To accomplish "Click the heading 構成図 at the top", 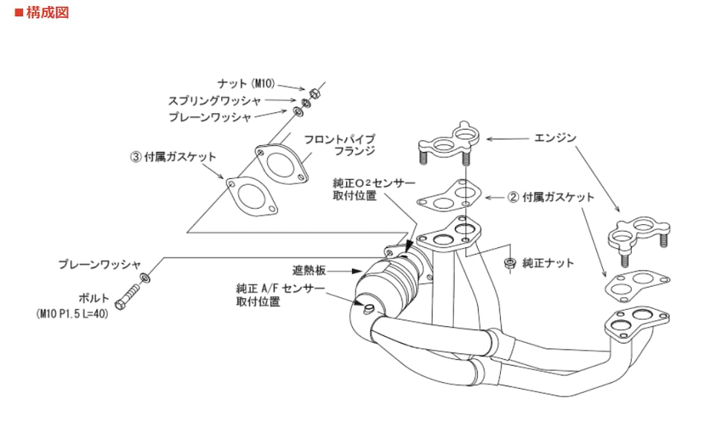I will [46, 13].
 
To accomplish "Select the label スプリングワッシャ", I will [214, 100].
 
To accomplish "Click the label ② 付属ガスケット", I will [551, 197].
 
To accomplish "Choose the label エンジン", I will [555, 138].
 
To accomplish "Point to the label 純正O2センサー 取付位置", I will [365, 189].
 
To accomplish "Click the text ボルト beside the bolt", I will [92, 296].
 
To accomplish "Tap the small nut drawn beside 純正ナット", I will [509, 262].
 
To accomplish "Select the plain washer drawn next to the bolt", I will [147, 276].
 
